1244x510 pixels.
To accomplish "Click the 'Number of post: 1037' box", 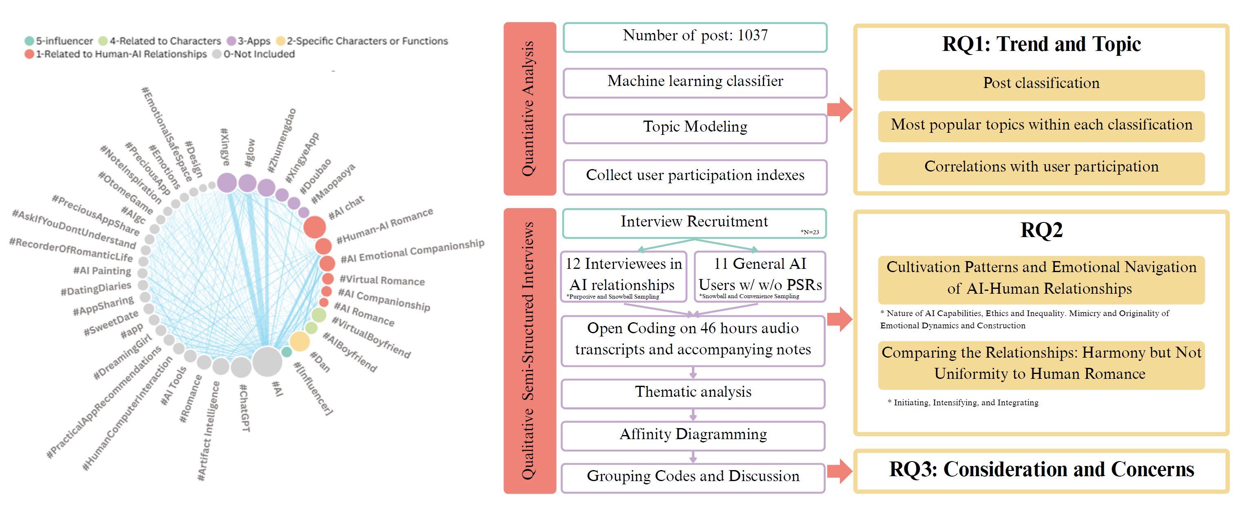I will point(694,37).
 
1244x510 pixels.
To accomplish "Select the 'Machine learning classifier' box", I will point(694,82).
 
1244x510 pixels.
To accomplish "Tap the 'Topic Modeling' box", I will point(694,127).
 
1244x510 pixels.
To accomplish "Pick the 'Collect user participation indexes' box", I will point(694,176).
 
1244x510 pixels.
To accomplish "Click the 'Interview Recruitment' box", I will point(694,222).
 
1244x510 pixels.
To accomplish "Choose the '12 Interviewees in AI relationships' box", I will point(623,276).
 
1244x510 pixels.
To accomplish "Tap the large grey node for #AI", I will point(267,361).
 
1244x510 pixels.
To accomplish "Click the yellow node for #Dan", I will point(299,341).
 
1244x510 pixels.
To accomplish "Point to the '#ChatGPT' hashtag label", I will point(245,408).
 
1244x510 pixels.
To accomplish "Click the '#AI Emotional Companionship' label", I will point(412,251).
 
